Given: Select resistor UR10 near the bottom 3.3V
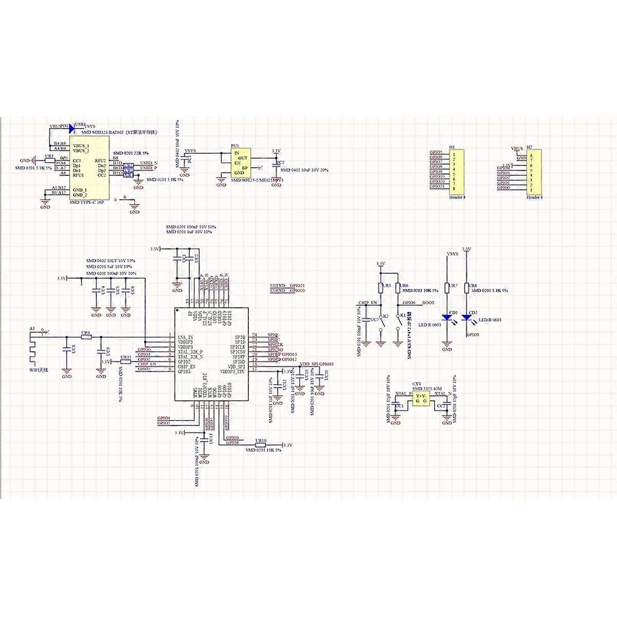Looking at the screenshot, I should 260,445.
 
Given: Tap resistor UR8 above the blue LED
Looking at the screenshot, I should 466,288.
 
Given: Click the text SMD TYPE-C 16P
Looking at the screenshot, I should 86,203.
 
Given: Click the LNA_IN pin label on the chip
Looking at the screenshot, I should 185,337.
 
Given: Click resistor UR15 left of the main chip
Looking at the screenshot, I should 125,361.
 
